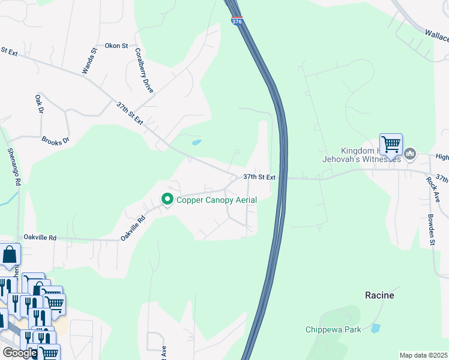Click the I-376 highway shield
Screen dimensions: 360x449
click(236, 22)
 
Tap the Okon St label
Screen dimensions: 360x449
click(116, 46)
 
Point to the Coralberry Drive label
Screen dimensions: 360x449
click(144, 70)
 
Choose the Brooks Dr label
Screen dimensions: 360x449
click(55, 140)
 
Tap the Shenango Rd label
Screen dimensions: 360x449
click(14, 166)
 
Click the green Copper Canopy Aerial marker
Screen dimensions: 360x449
click(167, 199)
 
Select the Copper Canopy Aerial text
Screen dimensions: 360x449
click(217, 199)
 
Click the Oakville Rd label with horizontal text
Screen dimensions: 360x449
click(40, 238)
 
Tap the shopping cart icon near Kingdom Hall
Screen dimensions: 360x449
click(391, 144)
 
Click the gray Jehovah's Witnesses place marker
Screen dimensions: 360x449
click(411, 154)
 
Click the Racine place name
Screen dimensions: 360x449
click(380, 295)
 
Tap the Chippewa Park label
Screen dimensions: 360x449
click(333, 329)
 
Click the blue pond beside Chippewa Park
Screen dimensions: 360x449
click(375, 328)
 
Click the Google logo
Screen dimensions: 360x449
click(20, 353)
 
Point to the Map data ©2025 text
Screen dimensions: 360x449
click(423, 355)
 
